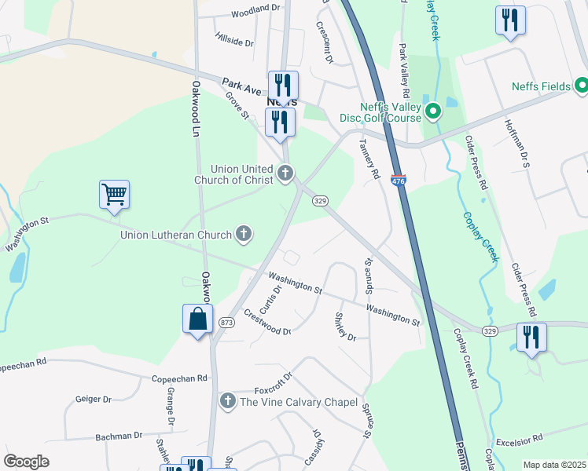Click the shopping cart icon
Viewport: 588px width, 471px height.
click(114, 194)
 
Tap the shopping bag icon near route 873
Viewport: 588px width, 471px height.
click(197, 319)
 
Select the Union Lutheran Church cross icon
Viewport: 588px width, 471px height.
click(244, 234)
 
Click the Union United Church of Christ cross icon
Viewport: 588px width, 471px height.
click(285, 173)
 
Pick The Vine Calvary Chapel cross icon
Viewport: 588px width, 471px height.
click(228, 402)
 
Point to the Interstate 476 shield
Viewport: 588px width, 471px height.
click(399, 181)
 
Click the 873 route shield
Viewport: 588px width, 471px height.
click(226, 323)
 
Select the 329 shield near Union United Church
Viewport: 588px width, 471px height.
click(320, 202)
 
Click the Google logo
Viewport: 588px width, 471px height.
click(27, 462)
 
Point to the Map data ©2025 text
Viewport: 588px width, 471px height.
click(554, 465)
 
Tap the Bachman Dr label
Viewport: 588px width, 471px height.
click(119, 435)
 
